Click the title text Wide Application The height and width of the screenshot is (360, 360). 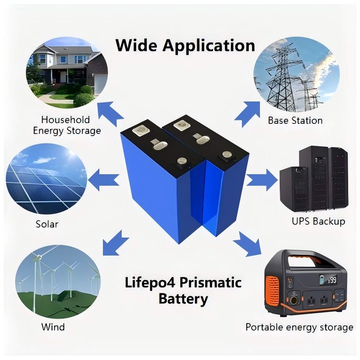[185, 46]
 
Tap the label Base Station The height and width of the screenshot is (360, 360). [295, 121]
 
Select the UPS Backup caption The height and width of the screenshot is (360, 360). [319, 221]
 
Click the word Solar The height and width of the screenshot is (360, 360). [47, 224]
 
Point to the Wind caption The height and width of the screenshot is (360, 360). [53, 327]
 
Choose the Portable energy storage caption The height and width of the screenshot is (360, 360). [300, 327]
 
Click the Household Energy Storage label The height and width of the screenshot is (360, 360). [67, 125]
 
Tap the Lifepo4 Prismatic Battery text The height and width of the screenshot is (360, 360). [183, 291]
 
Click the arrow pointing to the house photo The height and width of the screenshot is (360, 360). [110, 113]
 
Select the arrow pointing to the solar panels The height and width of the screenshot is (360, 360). [103, 180]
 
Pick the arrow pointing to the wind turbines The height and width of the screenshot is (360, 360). [115, 244]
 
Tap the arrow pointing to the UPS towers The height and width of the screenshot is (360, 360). [262, 180]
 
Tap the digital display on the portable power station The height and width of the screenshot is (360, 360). [328, 280]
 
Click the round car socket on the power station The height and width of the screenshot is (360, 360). [294, 301]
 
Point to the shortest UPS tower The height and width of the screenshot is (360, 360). [293, 189]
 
